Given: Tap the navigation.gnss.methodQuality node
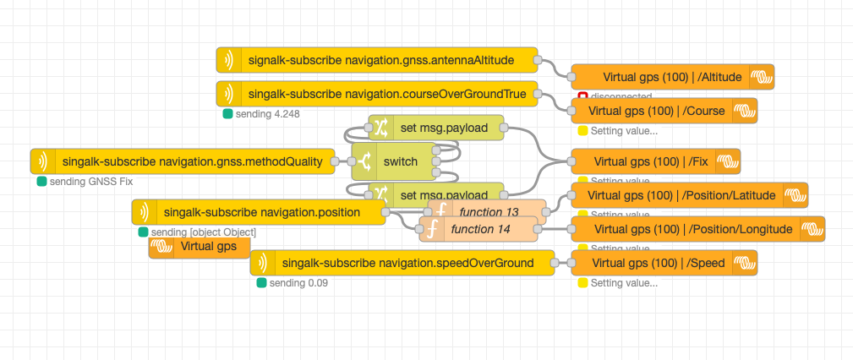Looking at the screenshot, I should click(x=191, y=161).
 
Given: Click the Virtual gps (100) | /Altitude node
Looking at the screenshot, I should click(x=672, y=77).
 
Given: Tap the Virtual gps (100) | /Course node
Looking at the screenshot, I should click(x=664, y=111).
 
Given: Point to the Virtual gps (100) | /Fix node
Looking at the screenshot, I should click(x=655, y=161).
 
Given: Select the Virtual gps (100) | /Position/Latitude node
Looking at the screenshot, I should click(x=689, y=195).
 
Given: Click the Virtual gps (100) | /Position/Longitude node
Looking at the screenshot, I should click(x=697, y=229).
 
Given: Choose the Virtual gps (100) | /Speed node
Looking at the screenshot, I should click(x=664, y=263).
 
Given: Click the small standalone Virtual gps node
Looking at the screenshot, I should click(x=200, y=247).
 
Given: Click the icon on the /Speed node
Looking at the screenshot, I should click(x=744, y=263).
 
